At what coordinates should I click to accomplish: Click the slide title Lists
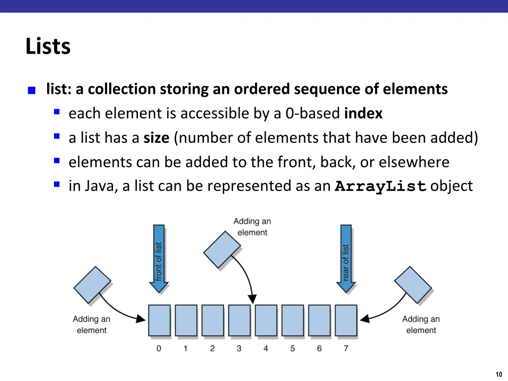click(x=48, y=47)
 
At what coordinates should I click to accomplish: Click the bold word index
click(x=363, y=114)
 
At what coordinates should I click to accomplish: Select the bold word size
click(x=156, y=138)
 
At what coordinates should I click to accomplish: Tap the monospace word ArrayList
click(x=381, y=187)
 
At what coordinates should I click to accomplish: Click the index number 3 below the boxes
click(x=239, y=349)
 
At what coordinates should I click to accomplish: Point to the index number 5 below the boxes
click(x=293, y=349)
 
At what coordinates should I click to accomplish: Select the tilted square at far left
click(x=92, y=285)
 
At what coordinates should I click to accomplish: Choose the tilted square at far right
click(x=413, y=285)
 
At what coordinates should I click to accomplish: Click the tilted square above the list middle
click(x=222, y=250)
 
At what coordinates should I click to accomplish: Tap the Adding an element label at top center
click(x=252, y=227)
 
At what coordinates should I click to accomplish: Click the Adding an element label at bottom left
click(x=92, y=324)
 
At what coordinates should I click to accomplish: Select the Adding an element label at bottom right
click(x=421, y=324)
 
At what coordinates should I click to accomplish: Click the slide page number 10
click(x=499, y=374)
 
